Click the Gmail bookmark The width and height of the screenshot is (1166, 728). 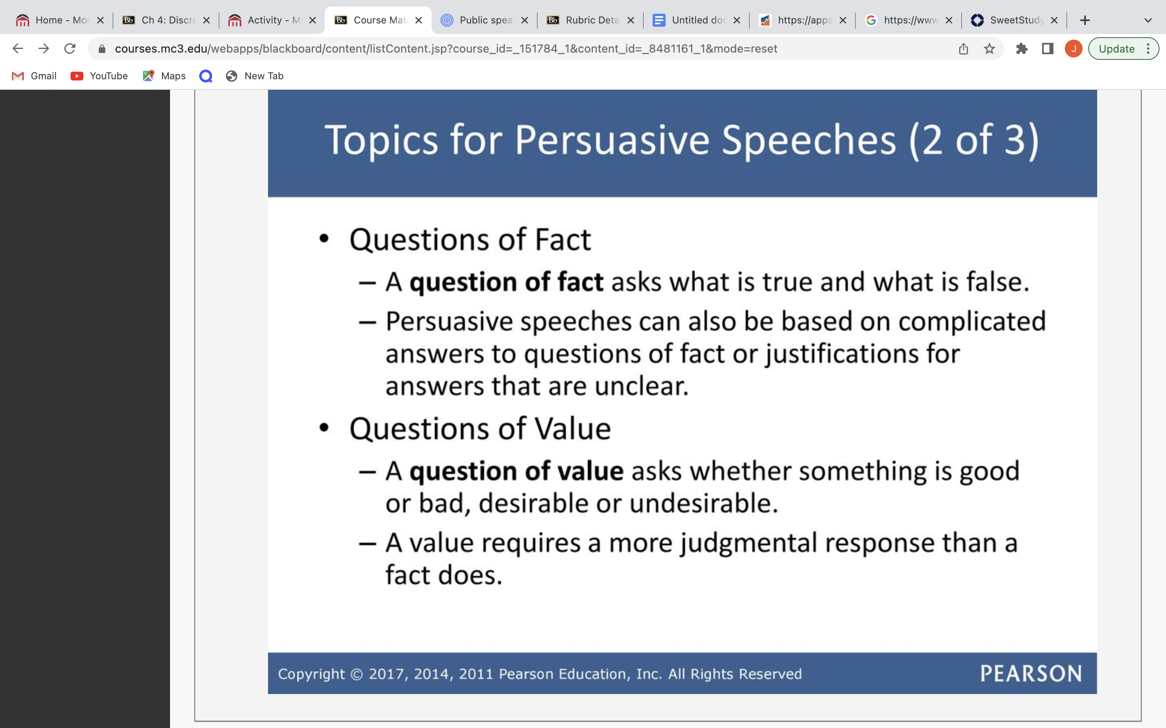point(34,76)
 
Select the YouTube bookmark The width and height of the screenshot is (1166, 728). point(99,76)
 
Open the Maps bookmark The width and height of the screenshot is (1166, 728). point(164,76)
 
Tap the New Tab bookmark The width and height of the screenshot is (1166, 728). point(254,76)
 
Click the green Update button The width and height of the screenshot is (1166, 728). point(1123,49)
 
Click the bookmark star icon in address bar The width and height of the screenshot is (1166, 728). point(989,49)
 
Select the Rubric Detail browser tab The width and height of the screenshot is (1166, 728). point(590,20)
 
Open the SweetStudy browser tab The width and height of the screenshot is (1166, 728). point(1014,20)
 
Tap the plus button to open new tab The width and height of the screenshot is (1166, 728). point(1085,20)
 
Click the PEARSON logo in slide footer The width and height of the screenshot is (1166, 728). point(1031,673)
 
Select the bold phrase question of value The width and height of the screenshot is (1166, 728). point(517,471)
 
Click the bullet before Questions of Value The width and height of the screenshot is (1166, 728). point(324,427)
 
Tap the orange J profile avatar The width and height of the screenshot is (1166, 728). point(1074,49)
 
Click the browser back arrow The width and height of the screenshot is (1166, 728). point(18,49)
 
